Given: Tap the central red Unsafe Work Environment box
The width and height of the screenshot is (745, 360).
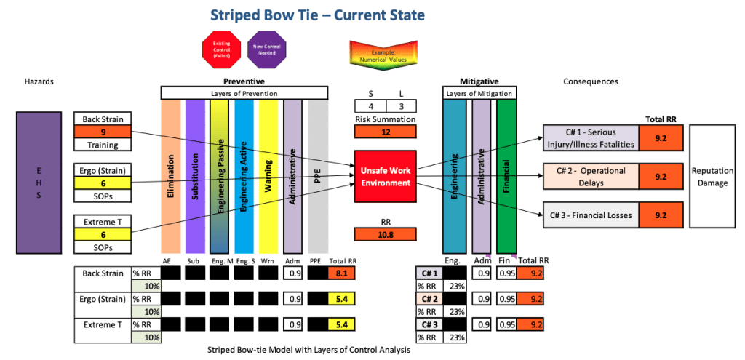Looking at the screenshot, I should click(x=385, y=176).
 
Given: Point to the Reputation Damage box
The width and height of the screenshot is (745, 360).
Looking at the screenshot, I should click(x=712, y=177).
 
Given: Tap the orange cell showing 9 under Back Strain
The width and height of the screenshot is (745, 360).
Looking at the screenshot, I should click(x=103, y=132).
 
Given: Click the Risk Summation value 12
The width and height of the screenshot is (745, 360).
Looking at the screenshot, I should click(x=385, y=132).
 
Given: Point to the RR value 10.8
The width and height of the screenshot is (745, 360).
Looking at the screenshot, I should click(x=385, y=234).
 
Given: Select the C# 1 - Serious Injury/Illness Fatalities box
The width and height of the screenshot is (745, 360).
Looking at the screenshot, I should click(x=590, y=136).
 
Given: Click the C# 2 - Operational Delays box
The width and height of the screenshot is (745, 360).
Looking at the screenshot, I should click(x=590, y=176).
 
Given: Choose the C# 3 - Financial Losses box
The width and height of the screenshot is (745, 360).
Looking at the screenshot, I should click(x=590, y=215).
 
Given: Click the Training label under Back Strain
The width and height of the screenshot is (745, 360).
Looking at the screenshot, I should click(x=103, y=145).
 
